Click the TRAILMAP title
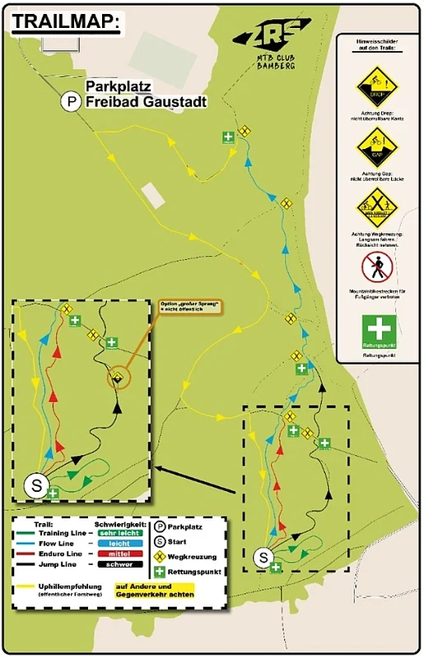point(66,22)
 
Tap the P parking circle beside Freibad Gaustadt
point(72,102)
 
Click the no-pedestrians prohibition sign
point(377,267)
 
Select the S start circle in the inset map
point(36,485)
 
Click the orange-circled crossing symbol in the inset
point(120,378)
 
